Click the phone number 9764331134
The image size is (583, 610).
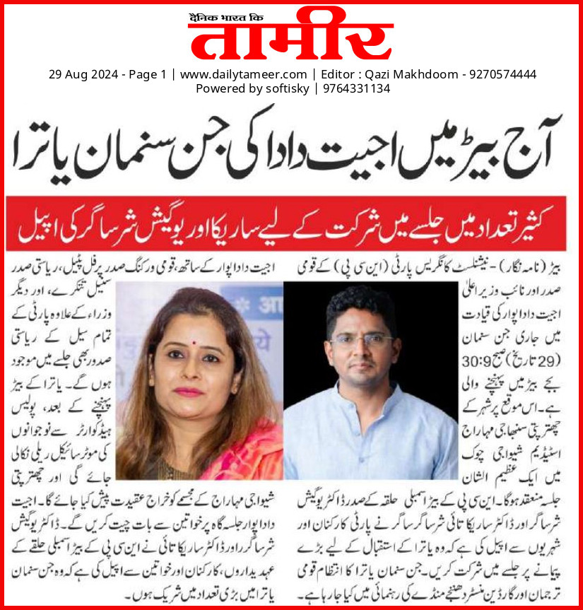357,88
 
